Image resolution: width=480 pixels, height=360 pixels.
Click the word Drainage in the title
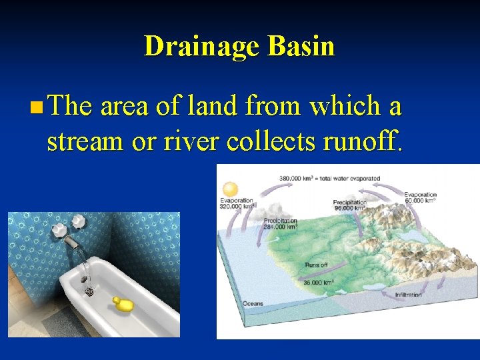pos(202,47)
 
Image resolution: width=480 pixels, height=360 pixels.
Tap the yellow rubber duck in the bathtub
pos(123,304)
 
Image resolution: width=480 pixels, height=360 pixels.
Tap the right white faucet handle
pos(79,221)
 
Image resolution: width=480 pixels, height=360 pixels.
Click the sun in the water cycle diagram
pos(231,189)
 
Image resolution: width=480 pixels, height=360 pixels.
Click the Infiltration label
pos(408,295)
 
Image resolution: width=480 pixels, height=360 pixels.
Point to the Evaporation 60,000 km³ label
pos(420,197)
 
